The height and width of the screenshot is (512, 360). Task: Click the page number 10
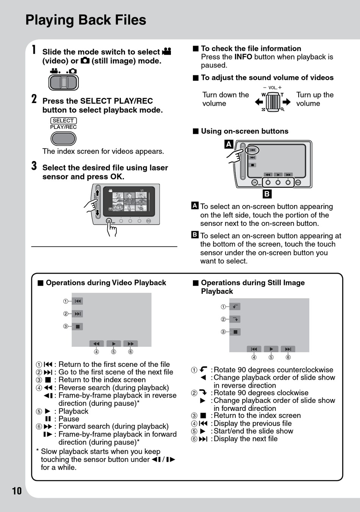(17, 491)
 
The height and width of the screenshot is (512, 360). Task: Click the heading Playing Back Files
(86, 20)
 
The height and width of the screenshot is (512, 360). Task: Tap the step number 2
(34, 99)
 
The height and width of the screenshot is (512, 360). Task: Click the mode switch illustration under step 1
(64, 82)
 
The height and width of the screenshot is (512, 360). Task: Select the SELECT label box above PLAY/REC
(63, 121)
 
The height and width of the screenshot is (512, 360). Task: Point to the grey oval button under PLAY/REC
(64, 139)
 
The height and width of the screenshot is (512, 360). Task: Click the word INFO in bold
(243, 57)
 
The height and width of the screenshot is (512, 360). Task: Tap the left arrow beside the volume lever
(259, 102)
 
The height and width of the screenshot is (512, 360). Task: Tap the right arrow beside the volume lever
(286, 102)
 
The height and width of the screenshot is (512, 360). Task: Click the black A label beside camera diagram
(229, 144)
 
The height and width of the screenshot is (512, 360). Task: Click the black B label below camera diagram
(267, 194)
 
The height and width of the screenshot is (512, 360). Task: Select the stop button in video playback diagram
(77, 326)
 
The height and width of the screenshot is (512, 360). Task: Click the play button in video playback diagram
(114, 344)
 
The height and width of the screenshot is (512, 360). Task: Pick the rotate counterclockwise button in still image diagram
(235, 307)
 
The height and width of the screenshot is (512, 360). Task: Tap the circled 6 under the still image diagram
(288, 357)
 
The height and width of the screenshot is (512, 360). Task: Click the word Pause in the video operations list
(69, 419)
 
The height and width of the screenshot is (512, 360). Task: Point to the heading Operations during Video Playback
(106, 283)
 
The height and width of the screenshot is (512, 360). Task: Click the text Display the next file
(246, 439)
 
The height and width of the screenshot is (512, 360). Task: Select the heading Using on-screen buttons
(244, 131)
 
